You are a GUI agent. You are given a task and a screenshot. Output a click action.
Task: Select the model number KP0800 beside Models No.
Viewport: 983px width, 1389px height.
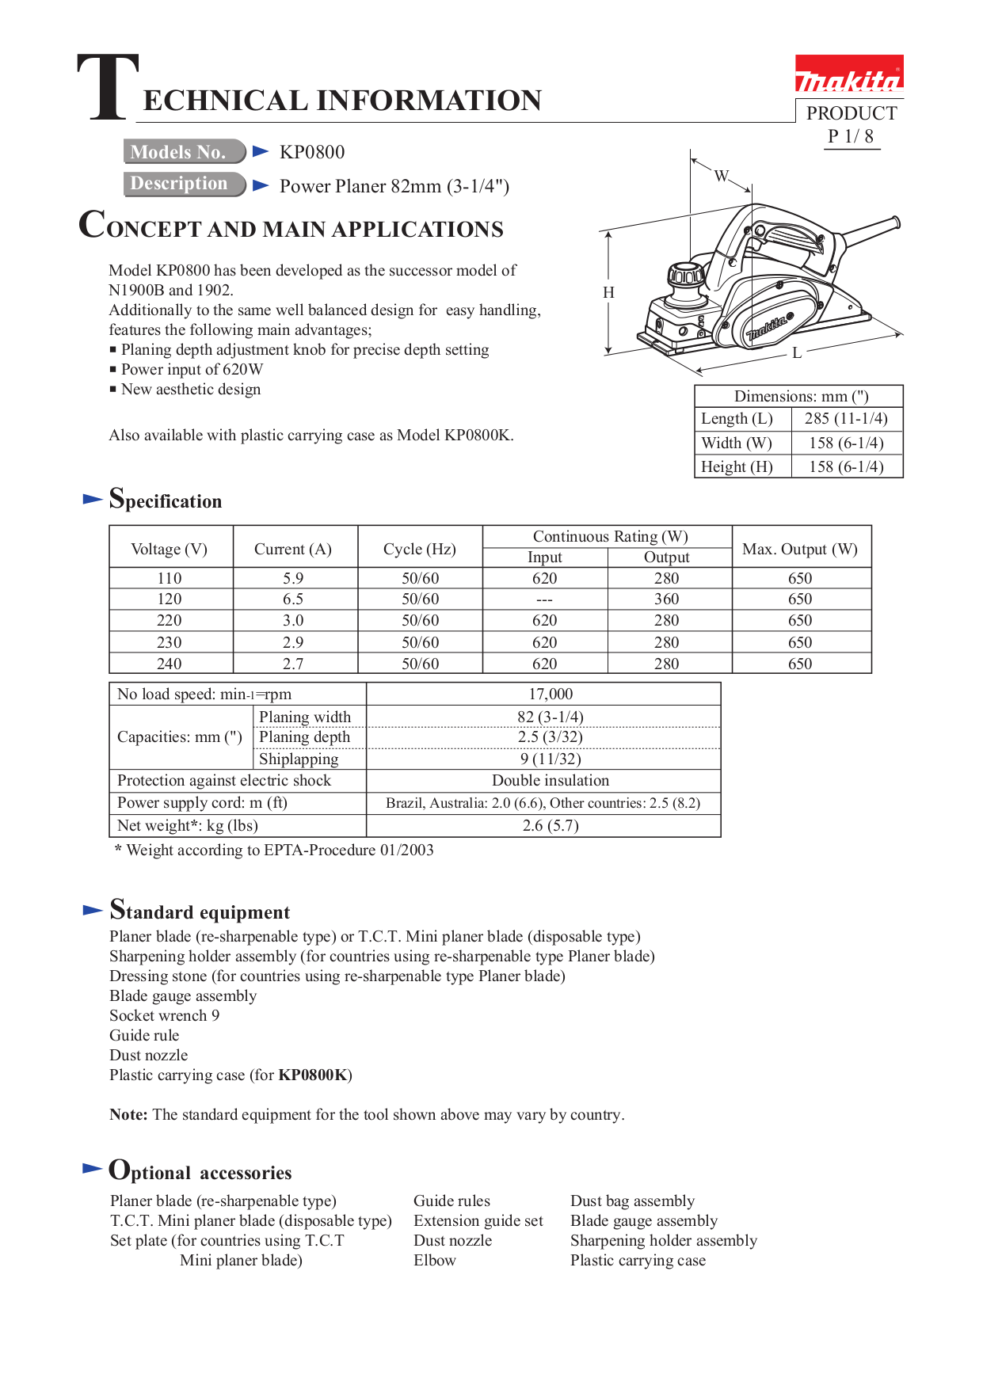(312, 152)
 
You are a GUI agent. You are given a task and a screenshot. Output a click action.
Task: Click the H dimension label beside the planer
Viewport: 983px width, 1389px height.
(608, 292)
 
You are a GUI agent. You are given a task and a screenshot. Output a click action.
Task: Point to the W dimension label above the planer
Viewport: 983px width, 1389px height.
(721, 176)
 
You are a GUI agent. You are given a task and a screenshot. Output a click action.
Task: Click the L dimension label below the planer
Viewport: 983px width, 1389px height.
(797, 353)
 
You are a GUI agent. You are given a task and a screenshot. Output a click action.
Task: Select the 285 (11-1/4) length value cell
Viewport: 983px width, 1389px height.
(846, 418)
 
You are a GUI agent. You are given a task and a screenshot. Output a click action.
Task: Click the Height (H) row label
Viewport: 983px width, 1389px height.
(737, 466)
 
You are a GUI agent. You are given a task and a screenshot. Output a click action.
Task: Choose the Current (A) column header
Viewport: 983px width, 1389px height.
(293, 549)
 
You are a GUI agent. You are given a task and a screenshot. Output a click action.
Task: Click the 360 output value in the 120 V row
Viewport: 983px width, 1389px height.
(666, 599)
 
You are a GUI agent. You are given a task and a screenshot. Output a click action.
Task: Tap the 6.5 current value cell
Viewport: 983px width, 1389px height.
(293, 599)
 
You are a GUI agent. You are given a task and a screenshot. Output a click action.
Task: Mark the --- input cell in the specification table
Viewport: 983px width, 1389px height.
(544, 599)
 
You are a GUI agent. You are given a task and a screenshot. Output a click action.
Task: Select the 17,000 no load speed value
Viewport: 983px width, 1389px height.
(551, 694)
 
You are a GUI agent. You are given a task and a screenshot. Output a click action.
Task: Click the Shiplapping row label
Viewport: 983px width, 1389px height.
(299, 759)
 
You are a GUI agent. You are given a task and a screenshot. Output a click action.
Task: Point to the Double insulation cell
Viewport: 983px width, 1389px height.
(551, 781)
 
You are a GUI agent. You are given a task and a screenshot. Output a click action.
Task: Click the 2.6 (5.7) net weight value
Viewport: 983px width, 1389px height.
(551, 825)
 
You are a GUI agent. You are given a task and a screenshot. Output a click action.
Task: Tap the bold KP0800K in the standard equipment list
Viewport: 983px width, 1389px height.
(313, 1075)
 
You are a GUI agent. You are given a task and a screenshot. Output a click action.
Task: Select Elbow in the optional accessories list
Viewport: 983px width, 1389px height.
(435, 1260)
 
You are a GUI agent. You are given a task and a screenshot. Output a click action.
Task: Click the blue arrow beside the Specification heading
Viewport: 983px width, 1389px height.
(93, 499)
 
